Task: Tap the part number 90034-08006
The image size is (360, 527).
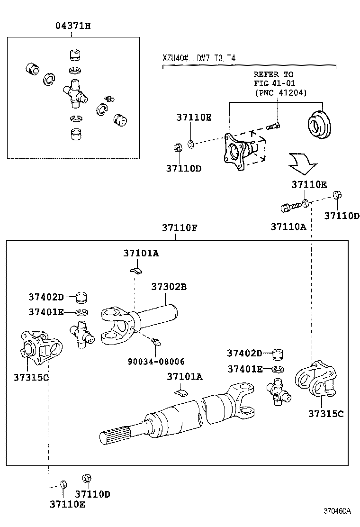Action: (156, 361)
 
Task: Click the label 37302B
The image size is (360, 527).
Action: (169, 287)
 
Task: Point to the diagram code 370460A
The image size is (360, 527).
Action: (337, 511)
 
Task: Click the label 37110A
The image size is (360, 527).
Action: (288, 227)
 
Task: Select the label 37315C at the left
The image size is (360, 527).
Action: (31, 377)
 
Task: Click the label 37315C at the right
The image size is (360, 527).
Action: (326, 413)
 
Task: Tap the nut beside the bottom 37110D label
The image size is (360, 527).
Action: (87, 478)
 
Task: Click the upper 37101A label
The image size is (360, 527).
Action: (141, 254)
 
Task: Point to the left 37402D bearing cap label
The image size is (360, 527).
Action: (45, 297)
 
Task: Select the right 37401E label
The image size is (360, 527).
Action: (244, 369)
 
